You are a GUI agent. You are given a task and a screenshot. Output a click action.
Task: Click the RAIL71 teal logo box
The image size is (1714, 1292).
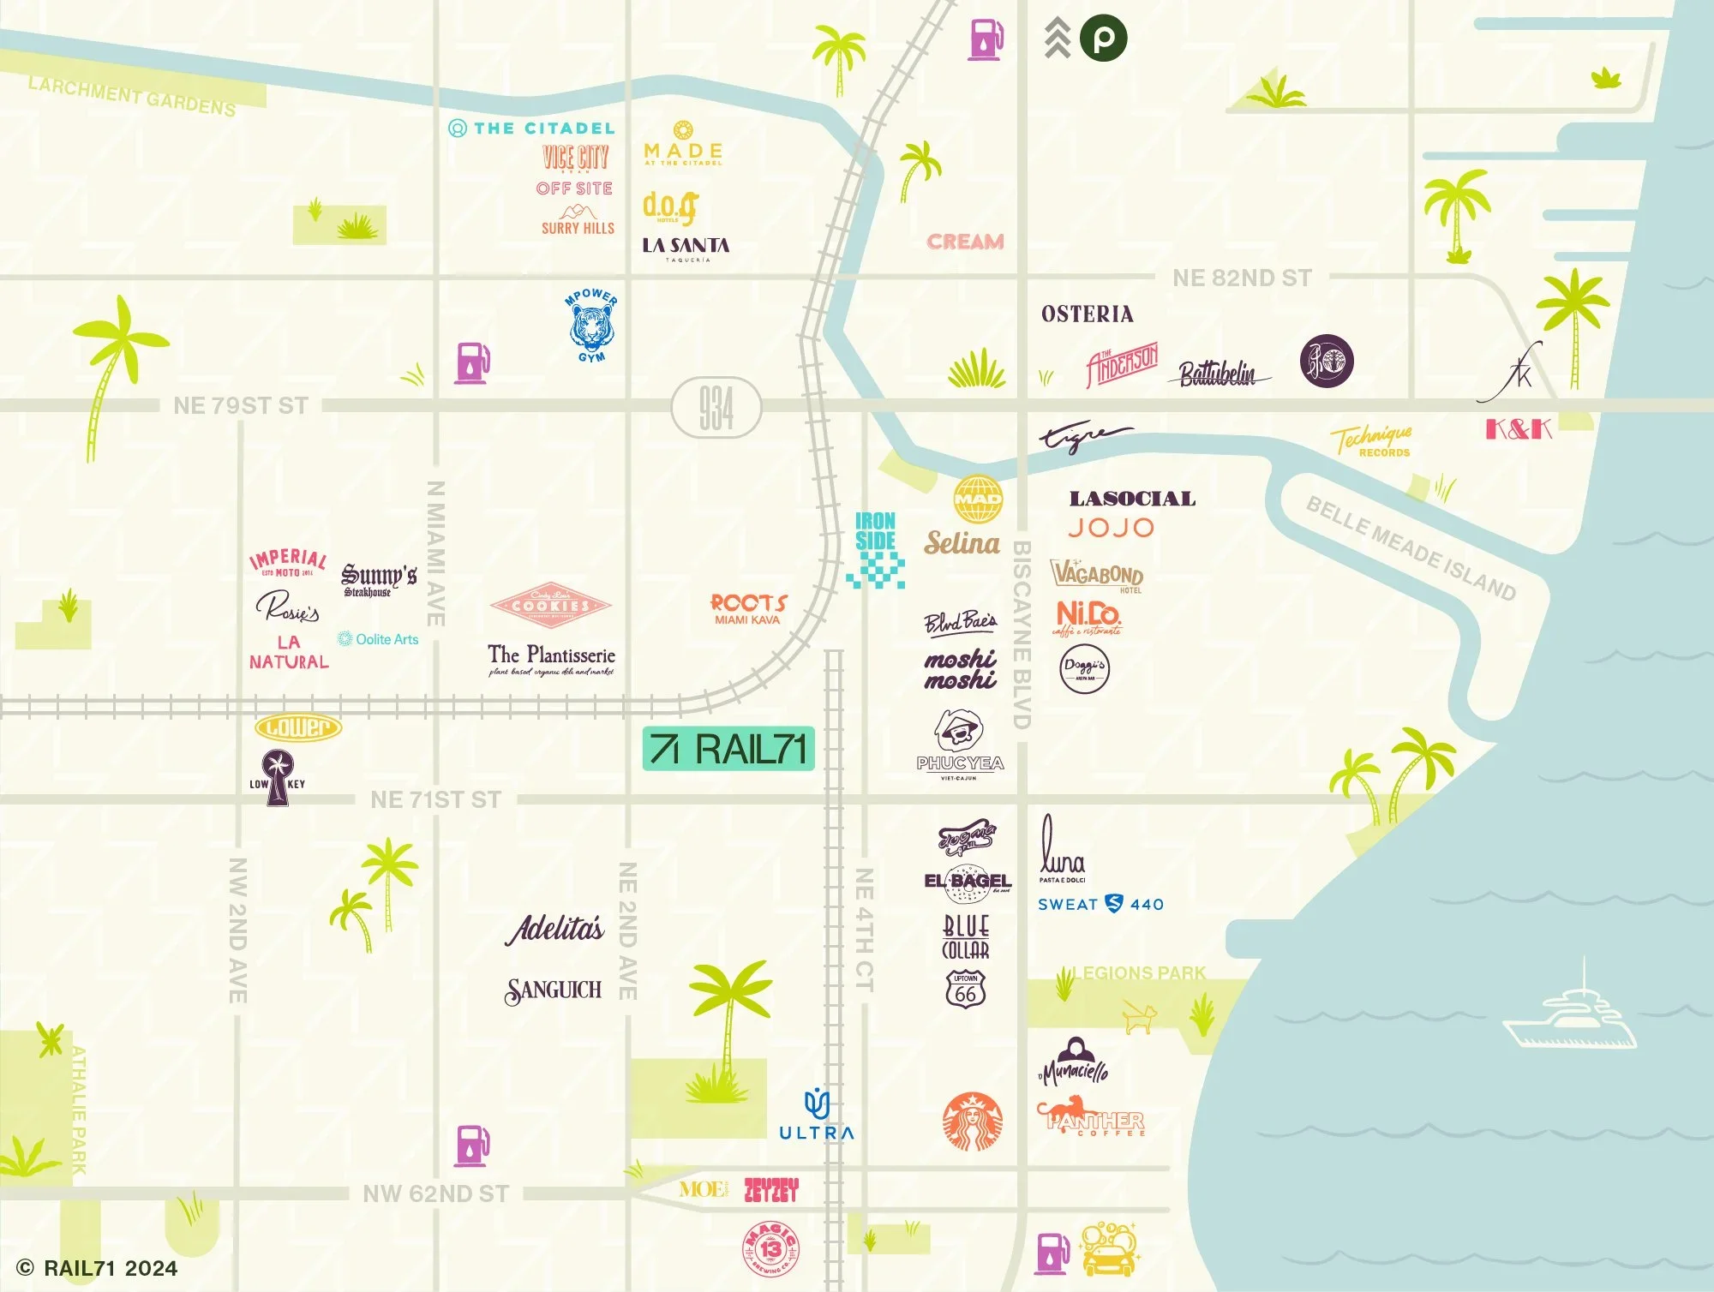coord(728,749)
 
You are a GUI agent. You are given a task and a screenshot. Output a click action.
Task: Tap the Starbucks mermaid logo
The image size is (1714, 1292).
coord(972,1122)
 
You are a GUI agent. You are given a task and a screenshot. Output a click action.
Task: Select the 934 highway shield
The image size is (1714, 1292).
coord(716,408)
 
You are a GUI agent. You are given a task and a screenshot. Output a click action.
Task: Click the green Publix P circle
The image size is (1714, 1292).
coord(1103,39)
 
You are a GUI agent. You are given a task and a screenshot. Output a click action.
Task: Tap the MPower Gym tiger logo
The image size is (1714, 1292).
coord(591,326)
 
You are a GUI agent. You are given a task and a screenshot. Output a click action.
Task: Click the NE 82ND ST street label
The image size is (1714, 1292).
coord(1241,278)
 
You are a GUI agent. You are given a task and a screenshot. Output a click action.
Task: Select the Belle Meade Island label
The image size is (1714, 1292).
coord(1410,549)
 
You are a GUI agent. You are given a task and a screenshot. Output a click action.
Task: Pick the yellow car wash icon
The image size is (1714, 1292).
coord(1108,1250)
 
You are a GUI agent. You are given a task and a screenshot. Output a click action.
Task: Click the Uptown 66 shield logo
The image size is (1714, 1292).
coord(966,990)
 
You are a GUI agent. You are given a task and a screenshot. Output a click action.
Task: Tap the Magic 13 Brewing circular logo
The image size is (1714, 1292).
coord(770,1250)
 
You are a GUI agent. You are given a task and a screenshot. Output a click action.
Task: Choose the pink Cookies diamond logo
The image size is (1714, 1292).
coord(550,605)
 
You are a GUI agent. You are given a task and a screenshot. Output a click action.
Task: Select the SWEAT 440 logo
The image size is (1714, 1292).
coord(1100,904)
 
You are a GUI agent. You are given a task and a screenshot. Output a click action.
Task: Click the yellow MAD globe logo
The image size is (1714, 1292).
coord(977,499)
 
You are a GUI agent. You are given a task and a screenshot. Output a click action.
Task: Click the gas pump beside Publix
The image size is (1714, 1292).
coord(986,39)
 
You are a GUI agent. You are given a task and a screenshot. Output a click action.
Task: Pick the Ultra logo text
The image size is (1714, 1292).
coord(816,1132)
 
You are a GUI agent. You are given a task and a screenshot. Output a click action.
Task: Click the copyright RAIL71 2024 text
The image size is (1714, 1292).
coord(98,1268)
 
